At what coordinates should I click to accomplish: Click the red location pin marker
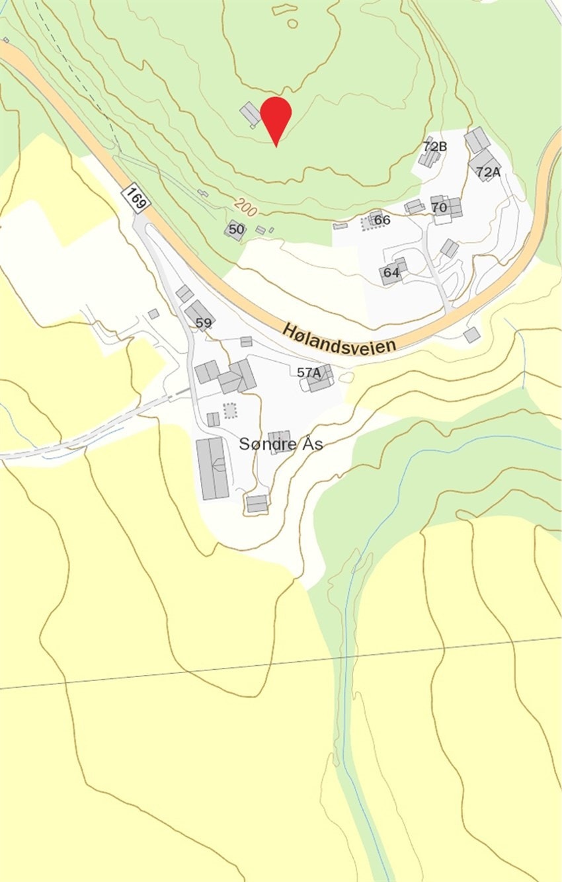(x=276, y=117)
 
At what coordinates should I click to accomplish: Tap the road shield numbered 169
(x=134, y=198)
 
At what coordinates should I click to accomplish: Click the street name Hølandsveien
(x=340, y=337)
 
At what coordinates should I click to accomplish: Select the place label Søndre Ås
(x=281, y=444)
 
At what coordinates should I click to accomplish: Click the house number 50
(x=235, y=229)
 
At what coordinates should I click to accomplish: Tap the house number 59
(x=204, y=323)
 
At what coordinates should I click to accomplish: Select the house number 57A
(x=308, y=373)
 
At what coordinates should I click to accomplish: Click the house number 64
(x=391, y=272)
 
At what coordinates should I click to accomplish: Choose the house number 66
(x=382, y=220)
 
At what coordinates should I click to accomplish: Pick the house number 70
(x=439, y=208)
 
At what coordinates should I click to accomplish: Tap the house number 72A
(x=488, y=172)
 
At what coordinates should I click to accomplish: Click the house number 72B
(x=434, y=146)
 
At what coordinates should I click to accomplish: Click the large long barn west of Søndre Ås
(x=212, y=468)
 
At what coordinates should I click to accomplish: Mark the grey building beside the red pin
(x=251, y=114)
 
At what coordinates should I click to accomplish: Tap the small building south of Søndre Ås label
(x=257, y=503)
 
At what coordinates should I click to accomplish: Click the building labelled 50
(x=234, y=230)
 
